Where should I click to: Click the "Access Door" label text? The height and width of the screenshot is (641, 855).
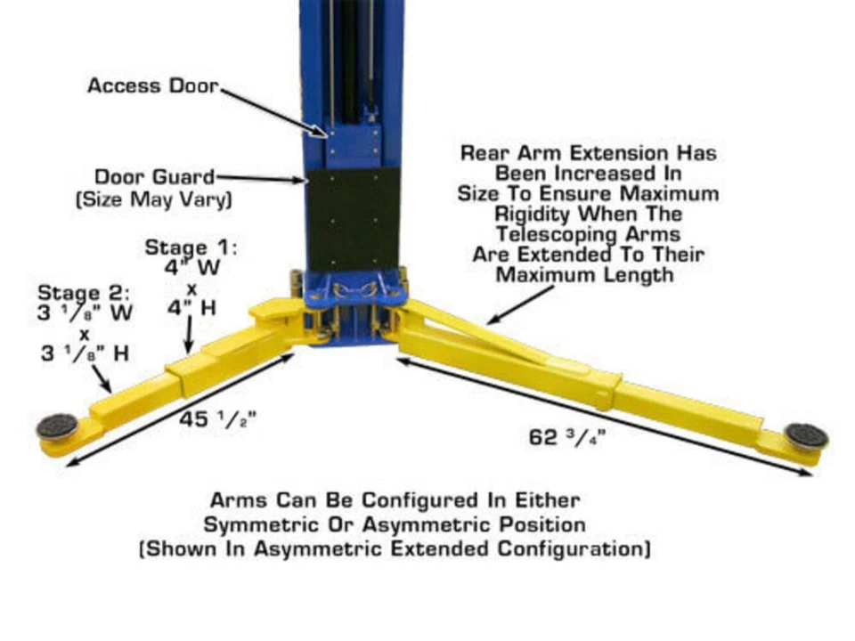[152, 86]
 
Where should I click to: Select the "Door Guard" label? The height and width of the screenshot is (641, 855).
[155, 177]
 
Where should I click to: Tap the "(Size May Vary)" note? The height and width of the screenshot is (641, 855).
[154, 199]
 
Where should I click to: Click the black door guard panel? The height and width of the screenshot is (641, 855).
[354, 220]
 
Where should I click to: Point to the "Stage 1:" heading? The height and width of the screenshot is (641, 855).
[191, 247]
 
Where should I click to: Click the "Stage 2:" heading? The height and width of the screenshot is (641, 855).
[84, 293]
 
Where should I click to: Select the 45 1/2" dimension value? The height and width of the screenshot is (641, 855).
[217, 419]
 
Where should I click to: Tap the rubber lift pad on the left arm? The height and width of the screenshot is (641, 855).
[57, 426]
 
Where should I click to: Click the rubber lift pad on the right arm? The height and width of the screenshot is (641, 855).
[807, 435]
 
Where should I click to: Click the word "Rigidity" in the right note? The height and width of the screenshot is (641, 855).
[532, 215]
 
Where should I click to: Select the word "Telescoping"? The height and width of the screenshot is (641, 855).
[558, 234]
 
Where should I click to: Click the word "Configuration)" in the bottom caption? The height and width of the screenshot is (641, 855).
[574, 548]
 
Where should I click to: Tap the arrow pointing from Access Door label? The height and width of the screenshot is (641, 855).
[273, 113]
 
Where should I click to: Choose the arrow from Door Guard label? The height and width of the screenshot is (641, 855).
[259, 178]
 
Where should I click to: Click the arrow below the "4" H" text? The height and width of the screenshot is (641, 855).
[189, 335]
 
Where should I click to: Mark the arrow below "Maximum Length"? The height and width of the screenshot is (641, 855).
[519, 305]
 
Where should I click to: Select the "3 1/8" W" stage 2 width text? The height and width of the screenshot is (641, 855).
[85, 312]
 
